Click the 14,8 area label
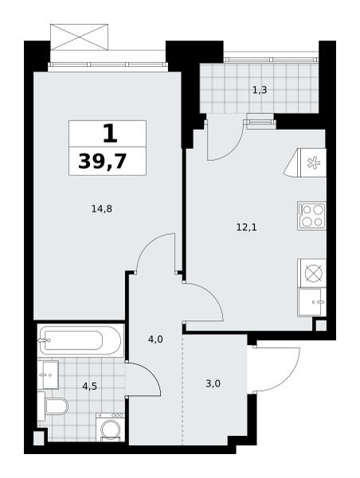pos(102,209)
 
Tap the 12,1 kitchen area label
pos(247,227)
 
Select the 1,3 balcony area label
pos(260,90)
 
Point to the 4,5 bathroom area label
pos(90,386)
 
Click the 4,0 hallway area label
pos(155,339)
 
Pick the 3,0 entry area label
pos(213,384)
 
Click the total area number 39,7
pos(103,161)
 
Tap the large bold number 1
pos(110,134)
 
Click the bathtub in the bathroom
pos(80,340)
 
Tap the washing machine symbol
pos(110,427)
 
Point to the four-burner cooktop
pos(312,217)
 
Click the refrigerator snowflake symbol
pos(313,163)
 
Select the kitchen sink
pos(312,303)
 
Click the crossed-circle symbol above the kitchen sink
pos(312,272)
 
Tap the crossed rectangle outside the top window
pos(79,37)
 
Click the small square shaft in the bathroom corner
pos(38,437)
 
